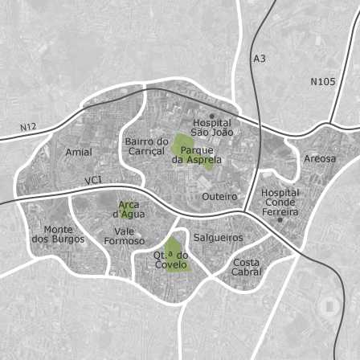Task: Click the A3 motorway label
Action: (x=259, y=59)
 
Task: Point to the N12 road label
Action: (x=29, y=127)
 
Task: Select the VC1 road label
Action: (x=93, y=180)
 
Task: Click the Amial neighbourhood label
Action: (x=79, y=152)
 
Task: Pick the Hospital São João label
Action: (x=212, y=127)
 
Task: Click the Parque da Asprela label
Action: (x=197, y=154)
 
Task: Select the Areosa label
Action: (x=320, y=158)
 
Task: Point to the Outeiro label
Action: (x=219, y=196)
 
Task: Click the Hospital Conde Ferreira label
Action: (x=280, y=202)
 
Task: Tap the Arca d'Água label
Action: (x=129, y=209)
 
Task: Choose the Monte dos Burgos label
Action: (x=58, y=234)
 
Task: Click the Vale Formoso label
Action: (x=125, y=235)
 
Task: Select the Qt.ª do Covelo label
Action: (x=170, y=260)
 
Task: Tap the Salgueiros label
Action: (x=219, y=238)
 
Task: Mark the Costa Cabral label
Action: (x=247, y=267)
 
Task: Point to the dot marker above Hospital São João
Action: (x=212, y=116)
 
